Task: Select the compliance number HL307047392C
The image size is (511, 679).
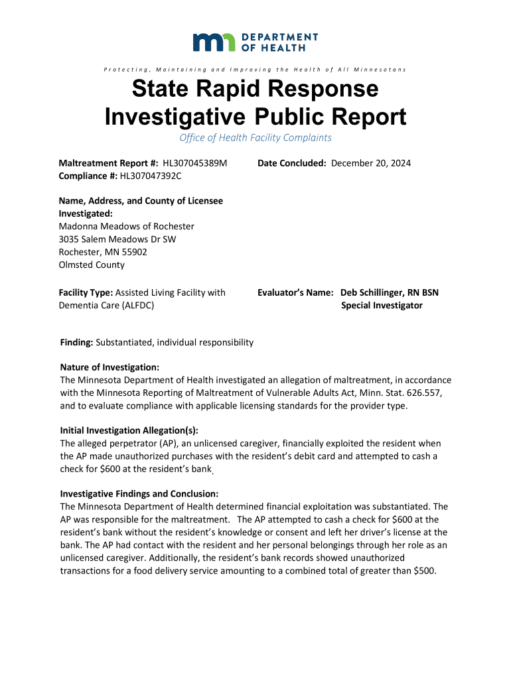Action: (150, 176)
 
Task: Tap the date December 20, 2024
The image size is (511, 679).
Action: (371, 163)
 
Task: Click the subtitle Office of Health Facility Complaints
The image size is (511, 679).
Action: (256, 138)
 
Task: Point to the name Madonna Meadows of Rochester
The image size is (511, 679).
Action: (126, 226)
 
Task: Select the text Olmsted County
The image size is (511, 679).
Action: (92, 265)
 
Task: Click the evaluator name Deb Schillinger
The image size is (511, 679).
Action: (372, 292)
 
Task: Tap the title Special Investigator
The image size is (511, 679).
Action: (382, 306)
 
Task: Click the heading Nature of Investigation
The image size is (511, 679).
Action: (110, 367)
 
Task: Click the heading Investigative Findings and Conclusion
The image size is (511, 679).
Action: (139, 494)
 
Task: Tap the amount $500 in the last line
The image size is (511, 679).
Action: (424, 570)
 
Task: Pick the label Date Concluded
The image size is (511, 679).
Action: (292, 163)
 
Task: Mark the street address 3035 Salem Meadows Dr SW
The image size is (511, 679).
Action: (117, 239)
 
